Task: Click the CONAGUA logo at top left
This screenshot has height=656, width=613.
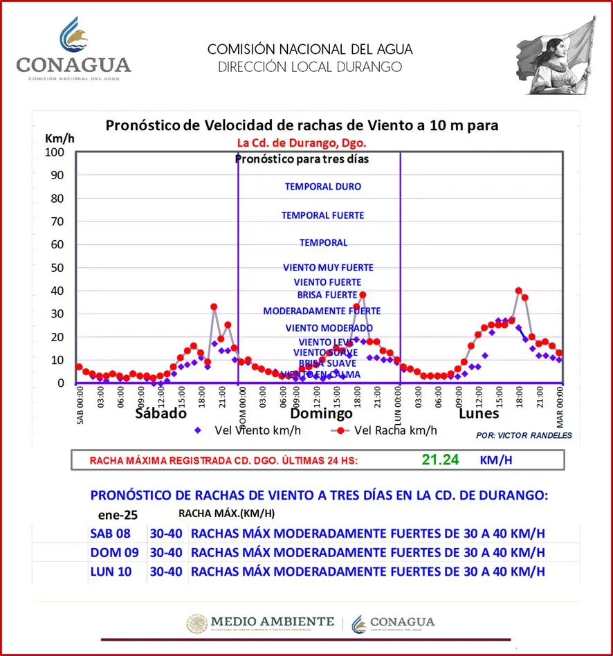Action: click(x=73, y=50)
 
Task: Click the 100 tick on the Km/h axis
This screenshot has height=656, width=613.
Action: click(x=55, y=152)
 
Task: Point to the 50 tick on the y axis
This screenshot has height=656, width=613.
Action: click(x=57, y=267)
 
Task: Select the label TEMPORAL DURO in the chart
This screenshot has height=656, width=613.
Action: click(x=322, y=187)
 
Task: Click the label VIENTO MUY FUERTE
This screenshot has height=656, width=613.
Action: click(x=328, y=268)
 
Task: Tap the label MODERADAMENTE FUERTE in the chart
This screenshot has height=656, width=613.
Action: click(x=322, y=311)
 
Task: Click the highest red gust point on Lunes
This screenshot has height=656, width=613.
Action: click(x=519, y=291)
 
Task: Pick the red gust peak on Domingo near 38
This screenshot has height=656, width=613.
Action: click(x=363, y=295)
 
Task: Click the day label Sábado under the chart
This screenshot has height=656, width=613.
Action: click(x=161, y=414)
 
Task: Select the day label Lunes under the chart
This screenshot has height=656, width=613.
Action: click(x=479, y=414)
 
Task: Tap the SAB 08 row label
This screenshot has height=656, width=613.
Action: click(x=110, y=534)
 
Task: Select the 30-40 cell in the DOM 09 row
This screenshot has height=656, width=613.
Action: click(x=166, y=552)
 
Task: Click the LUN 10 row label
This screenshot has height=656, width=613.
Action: click(x=110, y=571)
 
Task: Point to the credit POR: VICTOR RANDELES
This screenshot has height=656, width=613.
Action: click(x=524, y=435)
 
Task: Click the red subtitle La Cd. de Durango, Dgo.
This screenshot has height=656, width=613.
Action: click(x=302, y=143)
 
